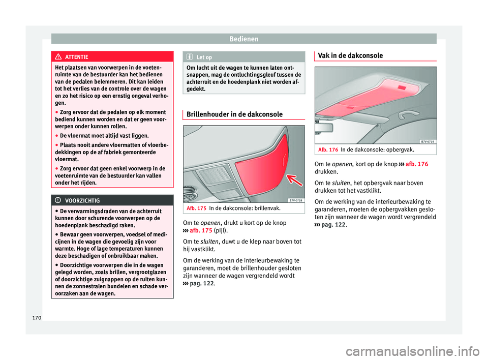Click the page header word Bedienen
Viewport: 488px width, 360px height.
(243, 39)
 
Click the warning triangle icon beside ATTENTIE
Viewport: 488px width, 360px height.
(60, 57)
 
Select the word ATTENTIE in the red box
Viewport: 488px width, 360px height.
(77, 57)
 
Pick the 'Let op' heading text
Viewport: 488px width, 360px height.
(204, 57)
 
